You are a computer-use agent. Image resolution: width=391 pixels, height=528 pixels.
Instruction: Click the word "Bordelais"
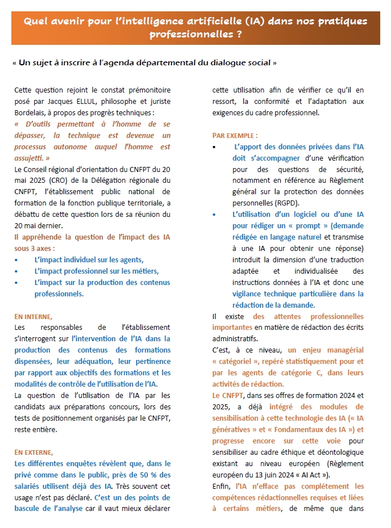pyautogui.click(x=32, y=112)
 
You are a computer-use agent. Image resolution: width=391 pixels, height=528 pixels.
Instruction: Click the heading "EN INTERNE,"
pyautogui.click(x=34, y=316)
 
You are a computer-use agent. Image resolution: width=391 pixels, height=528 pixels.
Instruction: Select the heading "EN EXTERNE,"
pyautogui.click(x=34, y=452)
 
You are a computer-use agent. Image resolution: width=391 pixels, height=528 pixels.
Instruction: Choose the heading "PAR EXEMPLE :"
pyautogui.click(x=235, y=136)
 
